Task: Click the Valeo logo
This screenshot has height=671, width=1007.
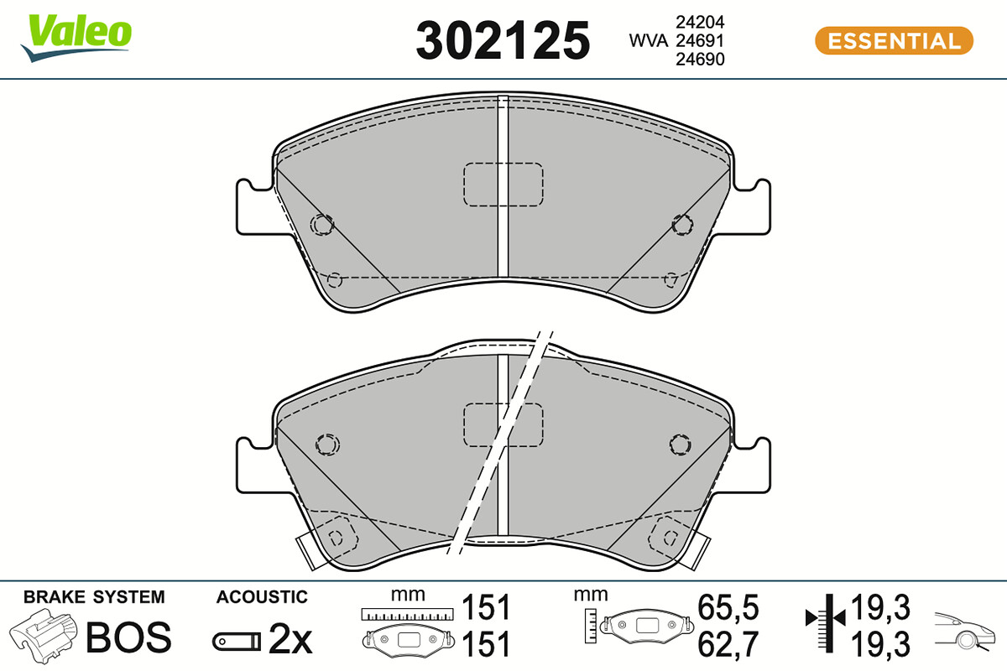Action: [76, 38]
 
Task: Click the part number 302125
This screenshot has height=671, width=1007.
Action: [503, 40]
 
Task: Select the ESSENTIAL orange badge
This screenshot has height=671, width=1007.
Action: [894, 40]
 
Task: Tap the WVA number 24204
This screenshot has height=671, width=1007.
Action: [700, 22]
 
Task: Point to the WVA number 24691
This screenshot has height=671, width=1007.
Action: [700, 41]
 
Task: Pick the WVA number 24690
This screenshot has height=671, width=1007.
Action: [700, 60]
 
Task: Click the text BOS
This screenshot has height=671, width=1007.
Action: [128, 637]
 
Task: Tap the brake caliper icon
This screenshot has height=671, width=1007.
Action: [43, 636]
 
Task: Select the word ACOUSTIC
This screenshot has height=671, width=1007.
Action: [262, 597]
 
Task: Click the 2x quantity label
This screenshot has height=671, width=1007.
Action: [290, 638]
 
